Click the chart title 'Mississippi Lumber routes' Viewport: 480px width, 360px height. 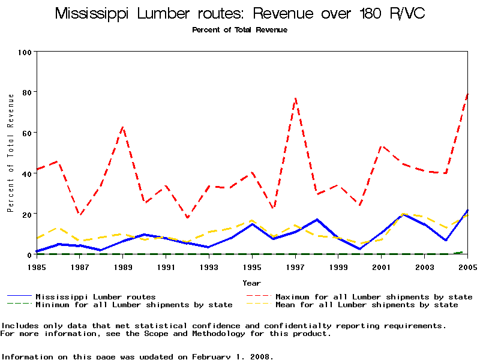click(240, 14)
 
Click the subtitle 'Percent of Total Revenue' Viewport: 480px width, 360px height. click(239, 29)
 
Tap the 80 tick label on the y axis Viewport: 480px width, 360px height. click(26, 92)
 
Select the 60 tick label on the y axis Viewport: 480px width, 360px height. click(26, 133)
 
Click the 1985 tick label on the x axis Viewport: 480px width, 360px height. click(37, 267)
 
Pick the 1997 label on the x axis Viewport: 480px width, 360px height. click(295, 267)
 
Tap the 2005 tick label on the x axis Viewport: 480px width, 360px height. click(467, 267)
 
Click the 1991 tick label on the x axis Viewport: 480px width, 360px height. click(166, 267)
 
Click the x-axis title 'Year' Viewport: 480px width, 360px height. click(251, 283)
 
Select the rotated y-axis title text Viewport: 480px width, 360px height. click(10, 153)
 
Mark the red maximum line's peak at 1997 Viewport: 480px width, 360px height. click(295, 98)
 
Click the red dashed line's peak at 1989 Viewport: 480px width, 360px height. click(123, 127)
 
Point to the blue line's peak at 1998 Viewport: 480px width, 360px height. click(317, 220)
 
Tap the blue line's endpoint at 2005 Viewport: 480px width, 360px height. click(467, 211)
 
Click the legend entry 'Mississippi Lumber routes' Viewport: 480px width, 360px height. click(95, 296)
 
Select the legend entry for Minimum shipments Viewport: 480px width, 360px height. click(133, 305)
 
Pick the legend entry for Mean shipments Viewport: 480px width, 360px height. click(366, 305)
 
